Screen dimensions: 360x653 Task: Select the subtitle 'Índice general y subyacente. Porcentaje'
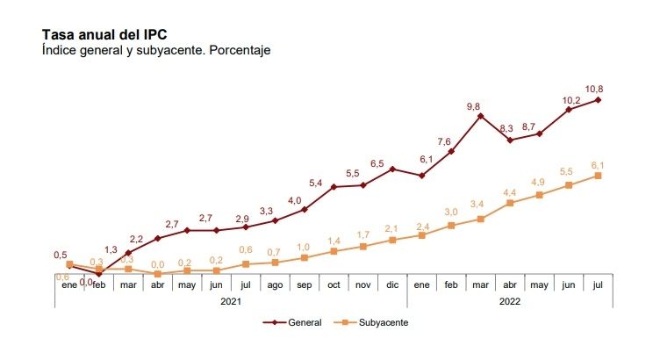pos(156,50)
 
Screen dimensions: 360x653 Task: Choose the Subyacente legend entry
pos(375,322)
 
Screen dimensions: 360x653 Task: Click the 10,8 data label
pos(594,88)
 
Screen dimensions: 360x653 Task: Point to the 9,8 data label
pos(475,105)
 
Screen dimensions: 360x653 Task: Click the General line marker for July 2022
pos(598,99)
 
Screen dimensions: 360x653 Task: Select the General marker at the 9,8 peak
pos(480,116)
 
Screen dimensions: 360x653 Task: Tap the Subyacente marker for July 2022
pos(598,176)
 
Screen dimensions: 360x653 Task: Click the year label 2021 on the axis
pos(230,299)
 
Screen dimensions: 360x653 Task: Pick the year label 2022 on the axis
pos(510,299)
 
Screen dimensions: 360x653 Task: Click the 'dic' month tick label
pos(392,285)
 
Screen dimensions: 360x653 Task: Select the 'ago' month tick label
pos(275,285)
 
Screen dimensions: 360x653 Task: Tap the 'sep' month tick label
pos(304,285)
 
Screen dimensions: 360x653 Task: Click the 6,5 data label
pos(377,163)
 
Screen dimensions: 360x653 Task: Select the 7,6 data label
pos(444,141)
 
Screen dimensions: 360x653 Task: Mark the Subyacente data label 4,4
pos(509,192)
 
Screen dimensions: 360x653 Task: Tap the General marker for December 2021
pos(392,169)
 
